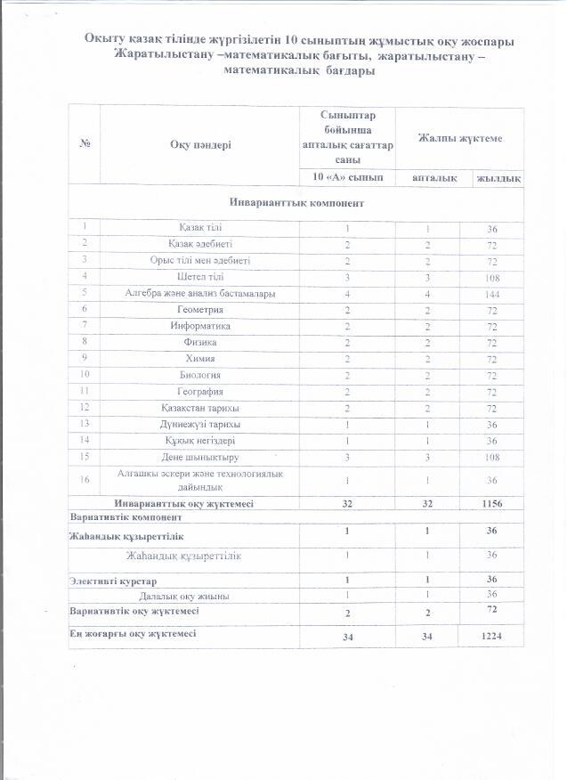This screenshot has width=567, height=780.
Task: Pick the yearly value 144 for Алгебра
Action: pyautogui.click(x=490, y=293)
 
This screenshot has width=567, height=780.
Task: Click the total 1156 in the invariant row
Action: pyautogui.click(x=490, y=504)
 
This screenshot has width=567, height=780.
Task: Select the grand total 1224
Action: pyautogui.click(x=490, y=638)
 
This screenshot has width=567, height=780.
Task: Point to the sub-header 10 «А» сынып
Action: pyautogui.click(x=347, y=178)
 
